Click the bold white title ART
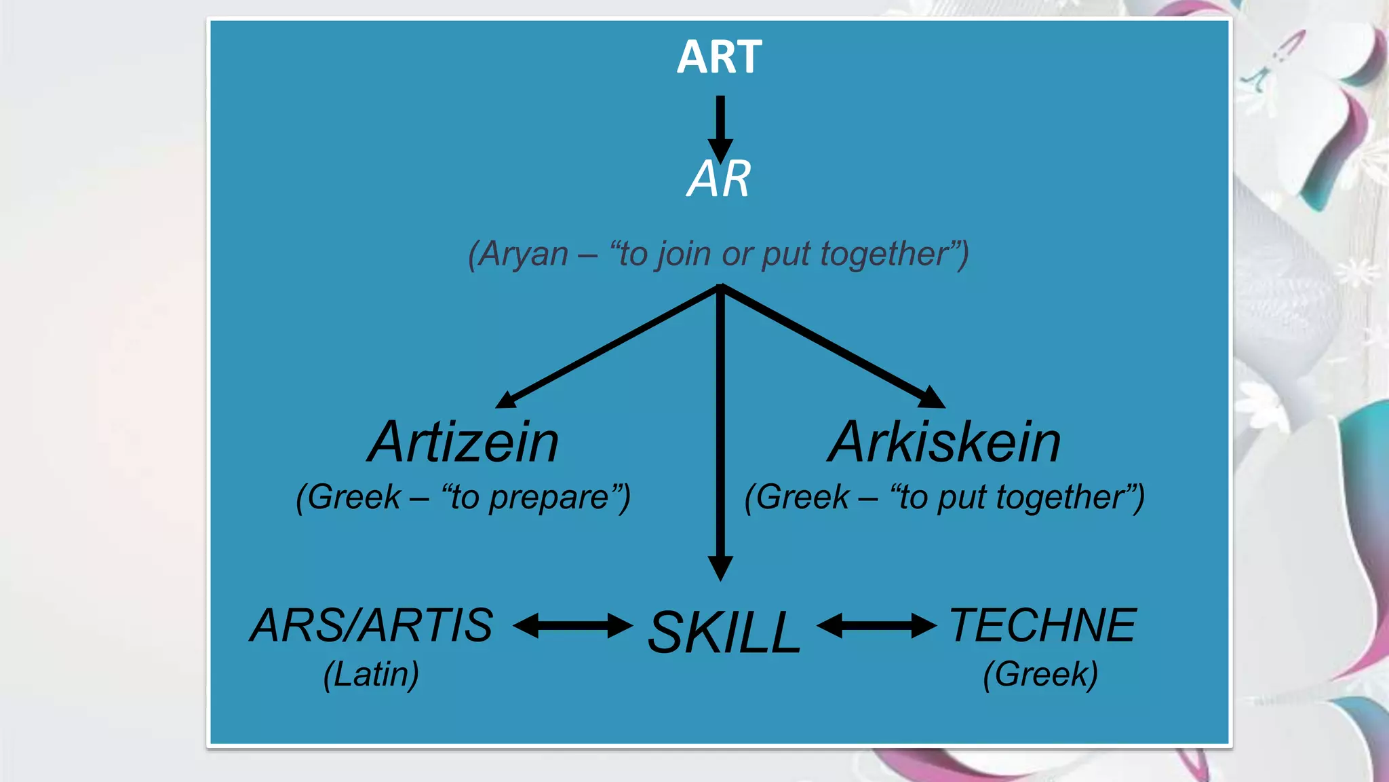(x=719, y=57)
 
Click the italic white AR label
(x=719, y=179)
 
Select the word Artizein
(x=463, y=443)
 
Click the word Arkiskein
(x=944, y=443)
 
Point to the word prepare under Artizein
(x=549, y=498)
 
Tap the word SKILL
(x=724, y=633)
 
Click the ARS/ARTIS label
(x=372, y=625)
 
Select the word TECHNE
(x=1042, y=625)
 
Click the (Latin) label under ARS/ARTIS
(x=371, y=675)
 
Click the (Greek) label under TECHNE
(x=1040, y=675)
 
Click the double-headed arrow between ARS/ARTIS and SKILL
(x=572, y=625)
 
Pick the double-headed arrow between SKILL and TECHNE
(x=876, y=625)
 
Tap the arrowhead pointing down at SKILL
(x=720, y=567)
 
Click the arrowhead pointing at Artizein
(x=507, y=401)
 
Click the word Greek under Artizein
(x=354, y=498)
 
